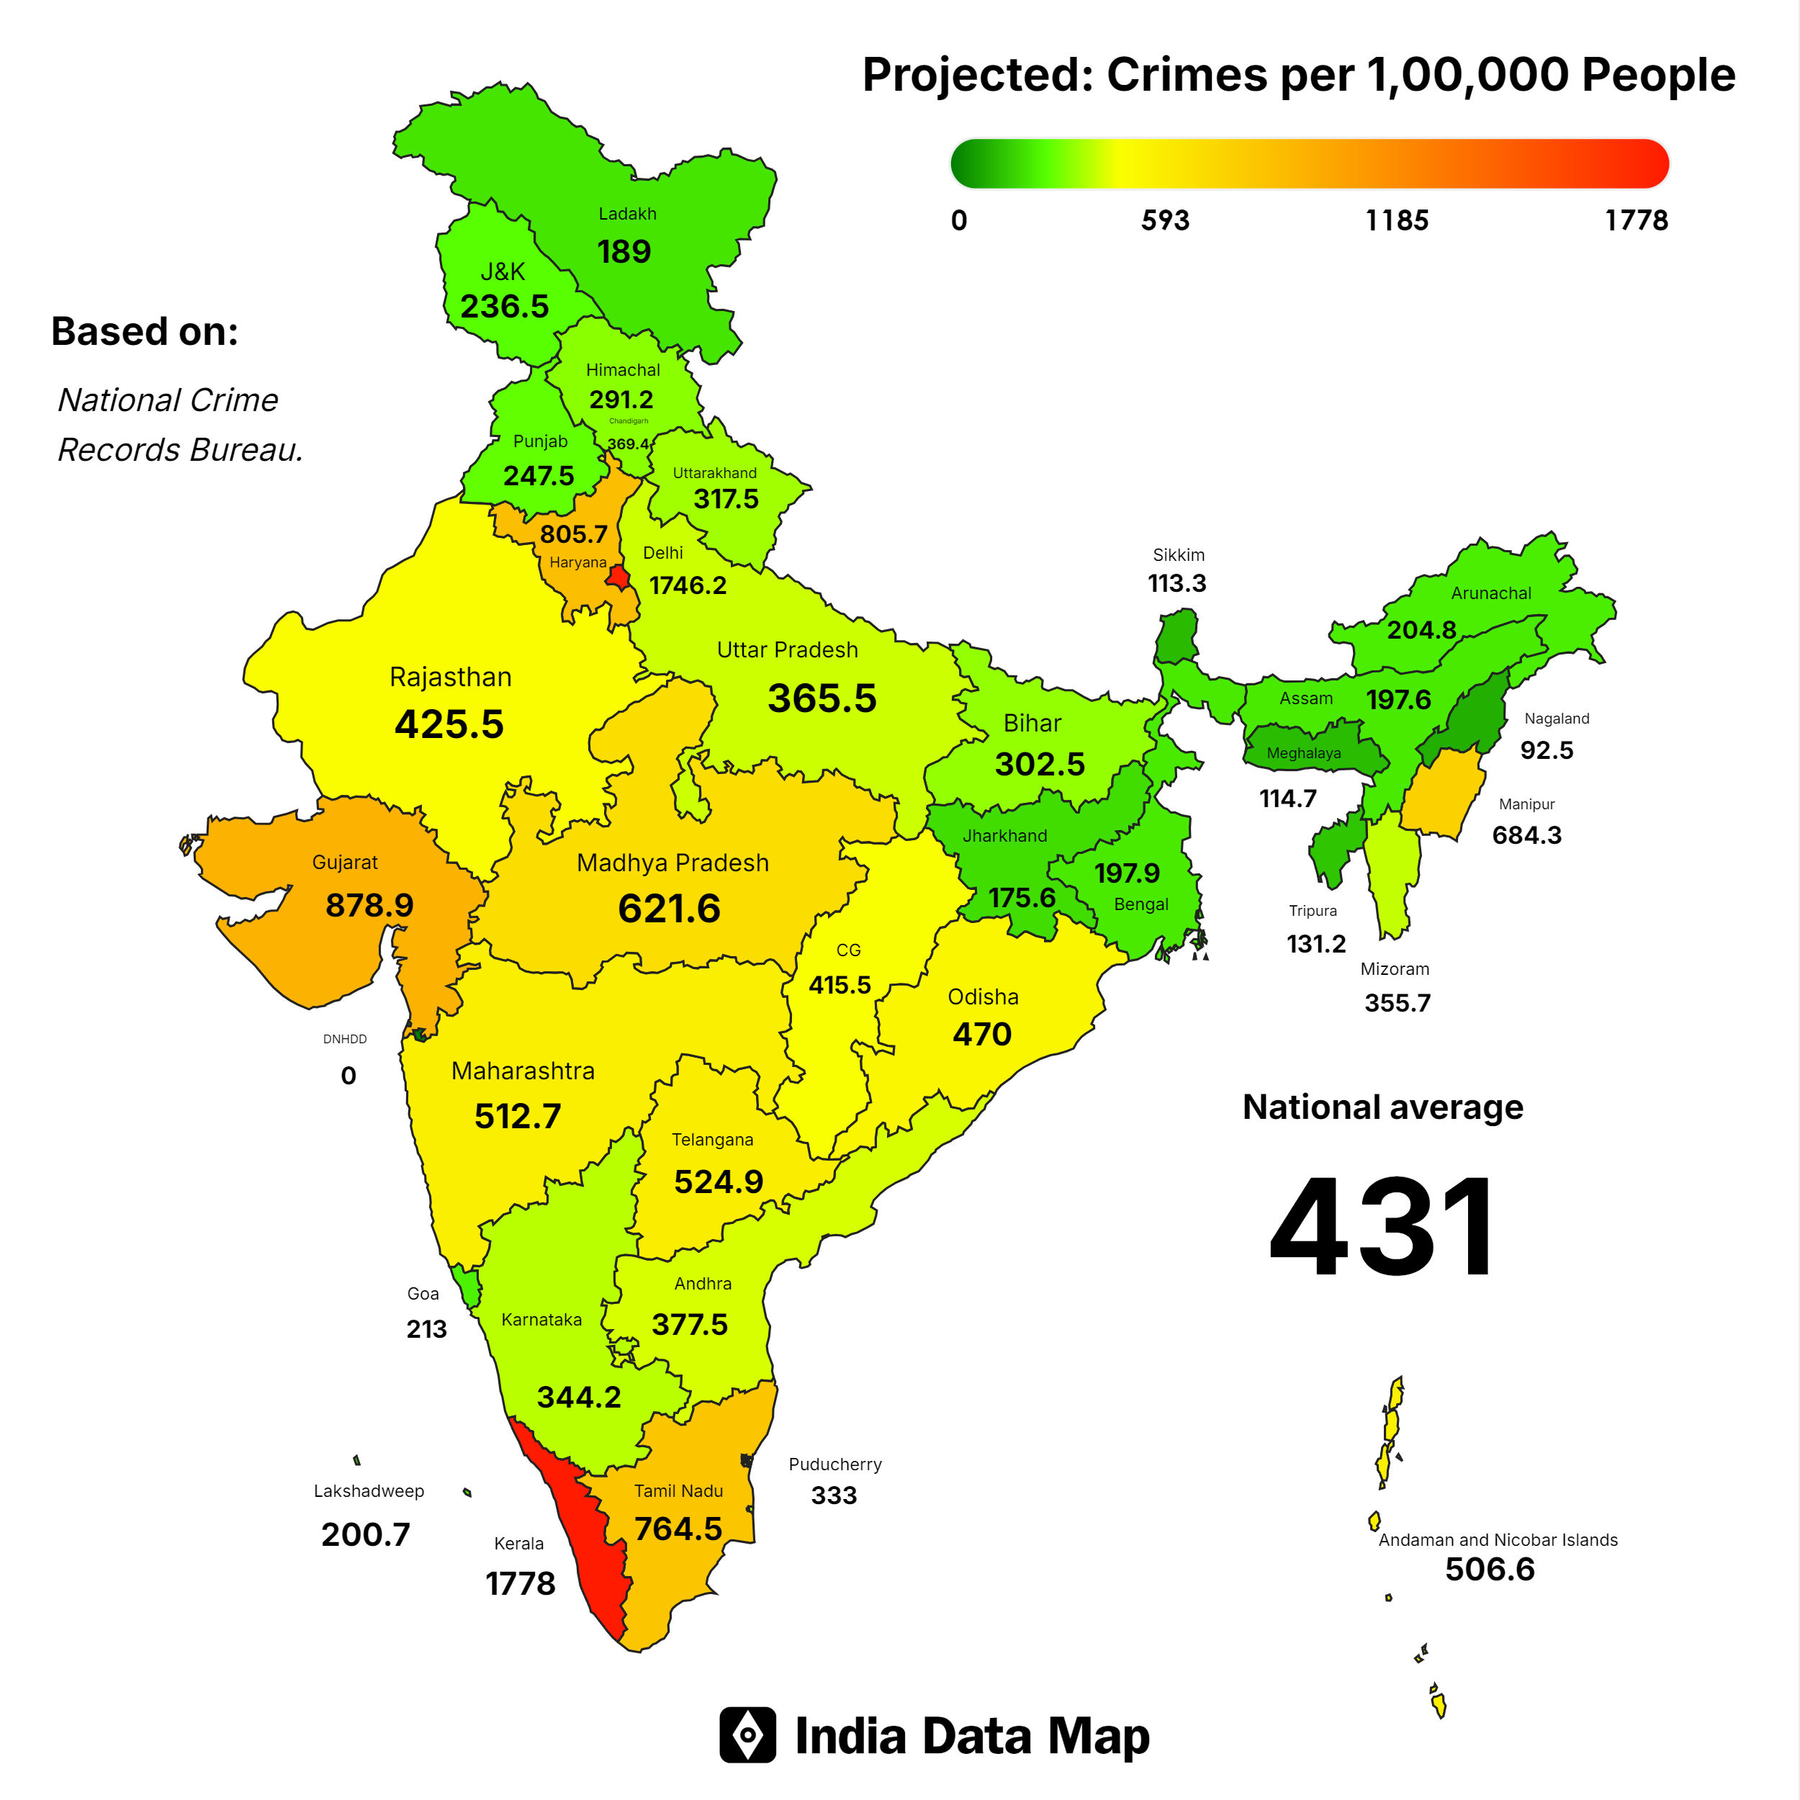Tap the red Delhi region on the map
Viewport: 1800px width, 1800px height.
coord(618,577)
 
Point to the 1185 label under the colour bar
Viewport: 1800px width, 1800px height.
coord(1397,221)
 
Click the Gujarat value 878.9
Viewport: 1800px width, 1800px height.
coord(369,904)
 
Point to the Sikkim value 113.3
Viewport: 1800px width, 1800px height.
coord(1176,583)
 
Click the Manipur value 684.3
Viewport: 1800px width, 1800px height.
coord(1526,834)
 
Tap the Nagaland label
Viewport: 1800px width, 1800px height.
coord(1556,719)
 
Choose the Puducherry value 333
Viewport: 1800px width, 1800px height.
coord(833,1495)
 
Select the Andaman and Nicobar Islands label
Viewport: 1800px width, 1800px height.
coord(1497,1540)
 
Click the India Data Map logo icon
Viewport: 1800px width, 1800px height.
coord(747,1734)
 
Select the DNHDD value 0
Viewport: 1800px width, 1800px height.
coord(348,1076)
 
